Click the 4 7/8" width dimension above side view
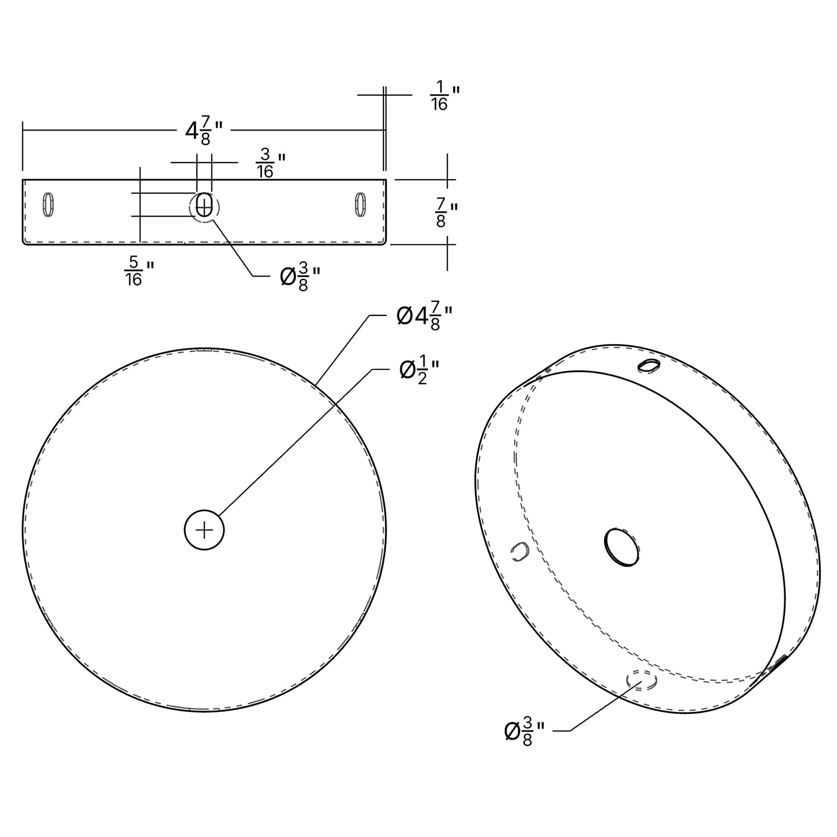tap(204, 130)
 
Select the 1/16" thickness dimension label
tap(444, 96)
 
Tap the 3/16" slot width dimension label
tap(271, 163)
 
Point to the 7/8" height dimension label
tap(446, 212)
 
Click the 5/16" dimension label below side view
tap(139, 271)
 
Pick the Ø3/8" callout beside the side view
tap(300, 276)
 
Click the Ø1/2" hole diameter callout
tap(419, 369)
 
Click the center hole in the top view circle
tap(204, 530)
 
